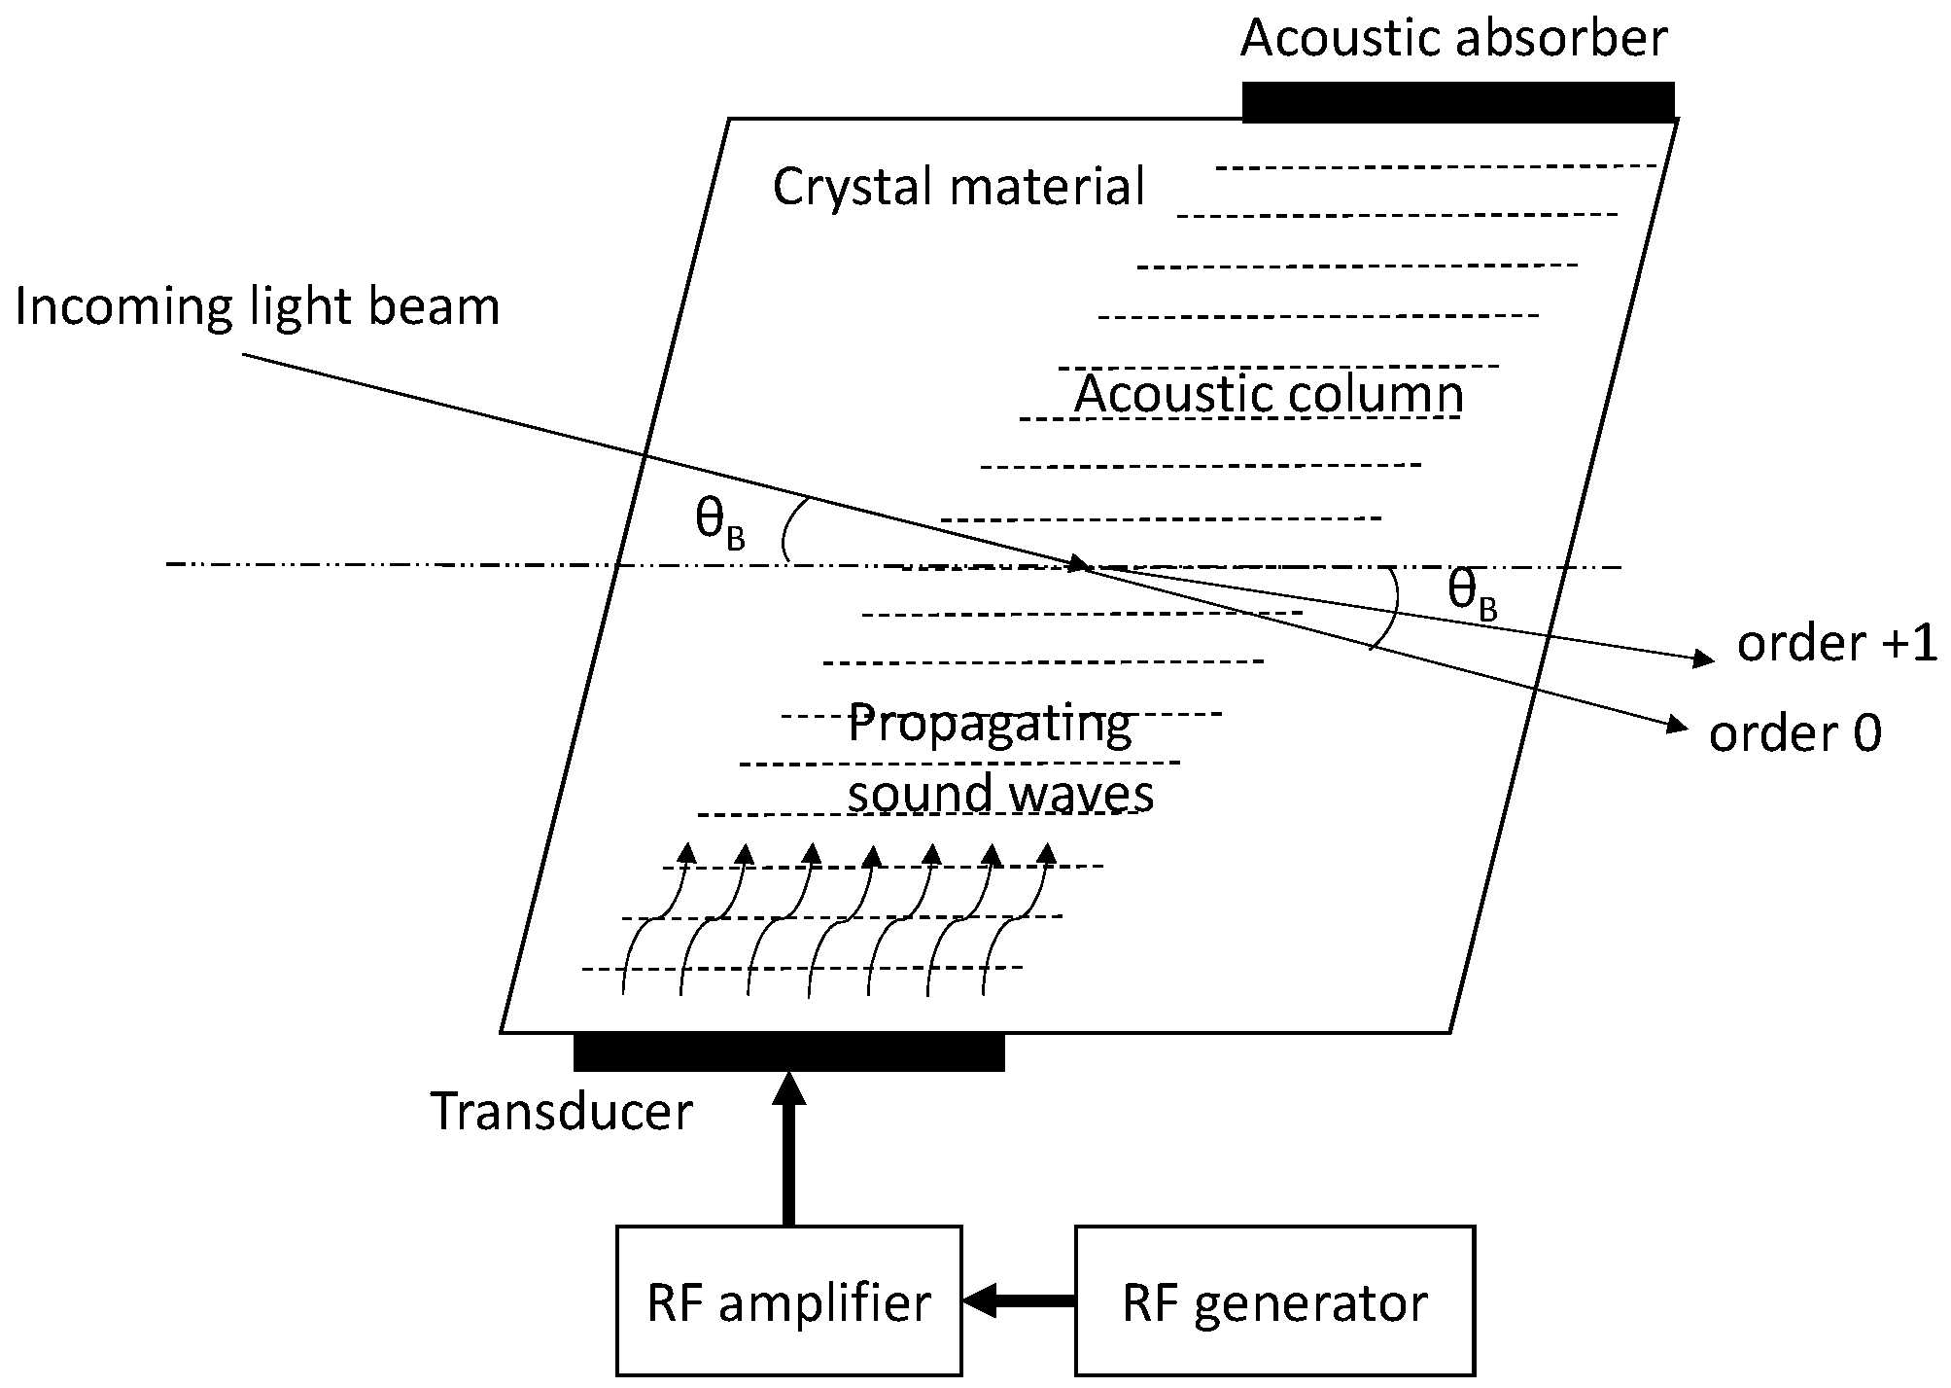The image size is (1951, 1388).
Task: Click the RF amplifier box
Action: pyautogui.click(x=788, y=1301)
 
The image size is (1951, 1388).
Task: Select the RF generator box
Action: pyautogui.click(x=1274, y=1301)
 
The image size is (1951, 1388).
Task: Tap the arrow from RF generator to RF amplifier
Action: pyautogui.click(x=1016, y=1299)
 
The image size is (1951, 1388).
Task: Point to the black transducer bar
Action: pyautogui.click(x=788, y=1052)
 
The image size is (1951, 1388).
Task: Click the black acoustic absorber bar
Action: pyautogui.click(x=1458, y=102)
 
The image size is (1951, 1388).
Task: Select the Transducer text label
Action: pyautogui.click(x=562, y=1112)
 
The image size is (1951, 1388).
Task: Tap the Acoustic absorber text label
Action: pyautogui.click(x=1454, y=39)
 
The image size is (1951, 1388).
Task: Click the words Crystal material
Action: pyautogui.click(x=958, y=186)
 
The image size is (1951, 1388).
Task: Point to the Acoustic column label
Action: pyautogui.click(x=1269, y=394)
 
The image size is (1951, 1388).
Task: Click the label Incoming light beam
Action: pyautogui.click(x=258, y=306)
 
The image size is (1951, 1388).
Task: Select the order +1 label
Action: pyautogui.click(x=1836, y=644)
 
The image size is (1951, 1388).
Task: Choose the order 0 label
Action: pyautogui.click(x=1794, y=733)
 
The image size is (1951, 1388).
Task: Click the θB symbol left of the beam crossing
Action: pyautogui.click(x=719, y=524)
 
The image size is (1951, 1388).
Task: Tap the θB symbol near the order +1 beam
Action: pyautogui.click(x=1472, y=594)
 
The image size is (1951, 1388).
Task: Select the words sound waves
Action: pyautogui.click(x=1000, y=793)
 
